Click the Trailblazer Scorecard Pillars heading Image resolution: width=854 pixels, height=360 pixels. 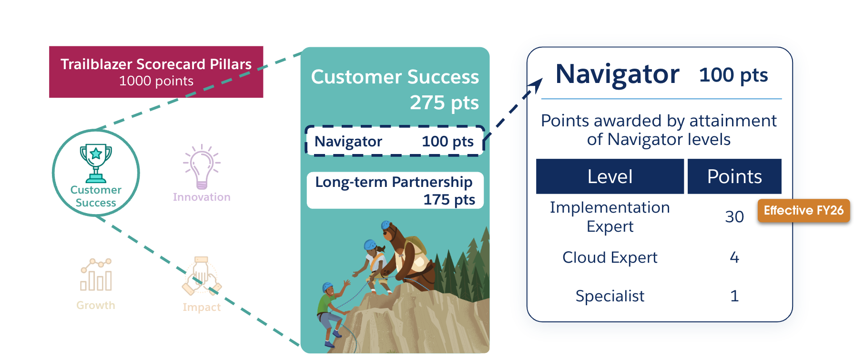tap(156, 64)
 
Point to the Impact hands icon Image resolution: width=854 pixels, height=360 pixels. tap(202, 277)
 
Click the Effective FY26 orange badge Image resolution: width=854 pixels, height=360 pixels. tap(803, 210)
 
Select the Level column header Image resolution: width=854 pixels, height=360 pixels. tap(610, 176)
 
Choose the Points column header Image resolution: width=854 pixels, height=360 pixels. tap(734, 176)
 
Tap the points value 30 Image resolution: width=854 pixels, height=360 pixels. tap(734, 216)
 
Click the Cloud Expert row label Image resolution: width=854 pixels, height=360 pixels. tap(610, 257)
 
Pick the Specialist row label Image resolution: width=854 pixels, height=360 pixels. tap(610, 296)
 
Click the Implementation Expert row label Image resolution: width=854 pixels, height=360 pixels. tap(610, 216)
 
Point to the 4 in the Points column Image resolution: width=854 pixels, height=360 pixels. tap(734, 257)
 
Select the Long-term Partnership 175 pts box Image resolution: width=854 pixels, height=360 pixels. tap(395, 190)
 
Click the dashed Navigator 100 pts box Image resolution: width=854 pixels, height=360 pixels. tap(395, 141)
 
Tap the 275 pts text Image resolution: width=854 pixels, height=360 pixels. tap(444, 103)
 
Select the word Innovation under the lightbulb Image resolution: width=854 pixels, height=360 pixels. tap(202, 197)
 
